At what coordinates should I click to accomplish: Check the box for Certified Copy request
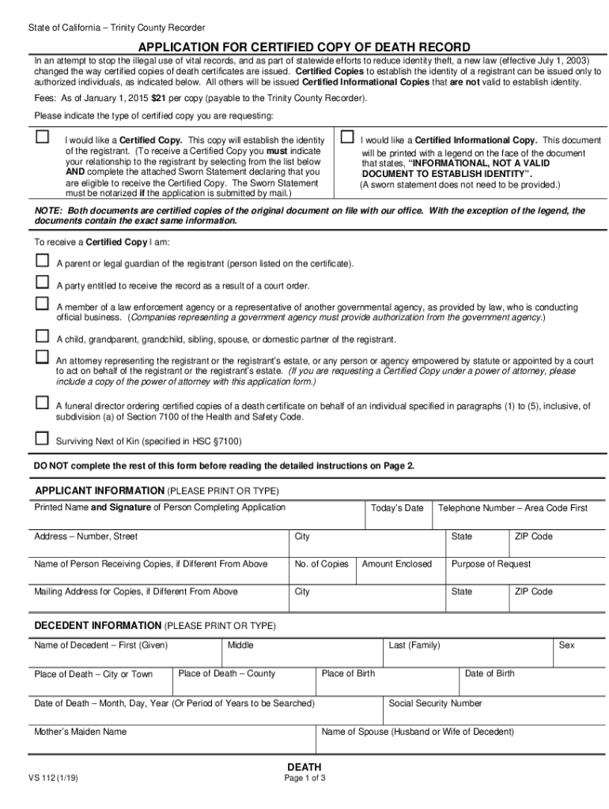(42, 137)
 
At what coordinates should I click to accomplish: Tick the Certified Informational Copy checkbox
(346, 137)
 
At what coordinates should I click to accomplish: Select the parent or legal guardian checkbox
(42, 261)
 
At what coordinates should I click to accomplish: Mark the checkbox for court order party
(42, 283)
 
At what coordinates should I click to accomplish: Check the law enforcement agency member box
(42, 304)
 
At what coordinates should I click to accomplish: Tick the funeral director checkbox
(42, 403)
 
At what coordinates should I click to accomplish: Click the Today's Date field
(397, 516)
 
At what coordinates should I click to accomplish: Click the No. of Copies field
(321, 573)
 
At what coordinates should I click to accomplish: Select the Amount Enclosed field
(397, 573)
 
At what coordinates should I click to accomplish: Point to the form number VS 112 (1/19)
(53, 777)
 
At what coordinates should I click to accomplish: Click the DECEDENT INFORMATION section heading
(97, 625)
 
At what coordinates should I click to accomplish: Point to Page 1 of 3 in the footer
(304, 778)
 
